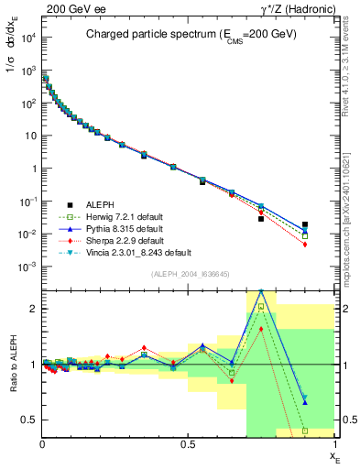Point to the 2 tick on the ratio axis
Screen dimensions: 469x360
[x=34, y=309]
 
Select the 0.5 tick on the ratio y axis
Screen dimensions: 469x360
[x=30, y=420]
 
